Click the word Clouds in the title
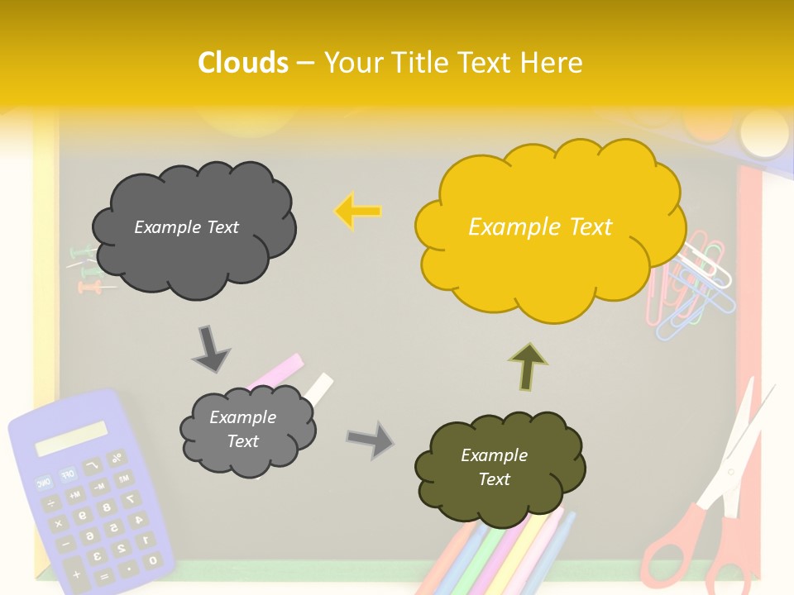tap(243, 63)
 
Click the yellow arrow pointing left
tap(357, 212)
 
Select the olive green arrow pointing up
tap(528, 366)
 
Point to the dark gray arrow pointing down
tap(210, 348)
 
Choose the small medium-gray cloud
tap(247, 430)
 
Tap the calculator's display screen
tap(71, 439)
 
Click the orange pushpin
tap(89, 288)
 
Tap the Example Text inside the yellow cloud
tap(540, 227)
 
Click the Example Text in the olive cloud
tap(494, 467)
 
